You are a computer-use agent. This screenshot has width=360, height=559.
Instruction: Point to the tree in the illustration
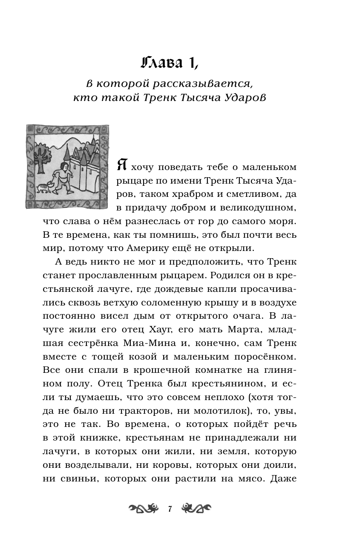point(41,156)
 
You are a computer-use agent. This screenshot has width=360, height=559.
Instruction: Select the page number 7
point(170,509)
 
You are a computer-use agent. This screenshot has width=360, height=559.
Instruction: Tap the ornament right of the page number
point(196,508)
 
